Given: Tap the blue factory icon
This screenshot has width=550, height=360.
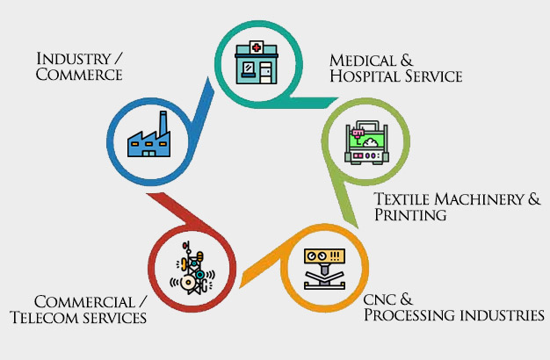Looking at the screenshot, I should [x=146, y=137].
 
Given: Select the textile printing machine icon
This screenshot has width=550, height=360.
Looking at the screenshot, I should [x=365, y=140].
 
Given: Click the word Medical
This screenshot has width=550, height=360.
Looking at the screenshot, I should [x=358, y=60].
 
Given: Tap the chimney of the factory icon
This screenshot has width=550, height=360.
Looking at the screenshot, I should [x=162, y=120].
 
